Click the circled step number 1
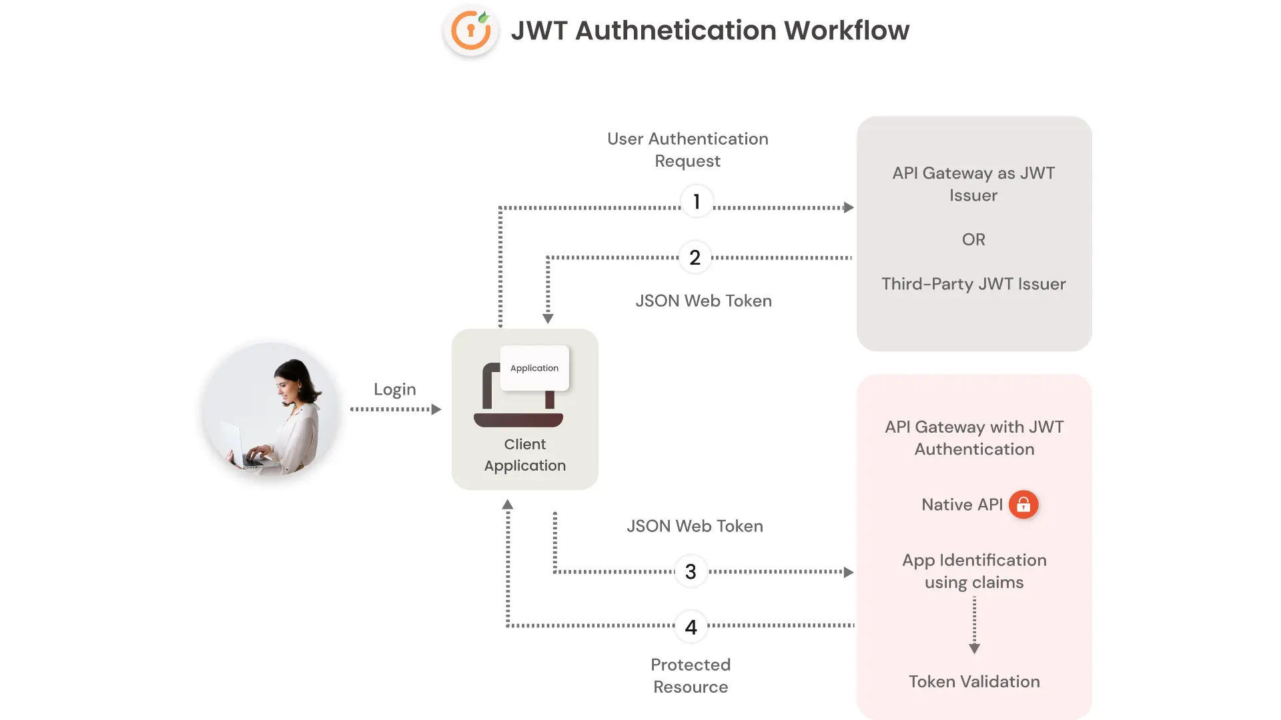click(697, 201)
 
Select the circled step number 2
click(695, 257)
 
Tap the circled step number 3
click(691, 571)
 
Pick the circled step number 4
click(691, 627)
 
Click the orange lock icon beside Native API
click(1023, 505)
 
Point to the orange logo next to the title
click(471, 31)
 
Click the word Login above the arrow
click(394, 389)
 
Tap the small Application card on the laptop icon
click(534, 368)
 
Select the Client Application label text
click(525, 455)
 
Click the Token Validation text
click(974, 681)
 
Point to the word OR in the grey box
click(973, 239)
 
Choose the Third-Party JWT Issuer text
click(973, 284)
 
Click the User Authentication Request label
click(687, 150)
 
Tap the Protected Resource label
click(691, 675)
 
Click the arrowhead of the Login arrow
click(436, 409)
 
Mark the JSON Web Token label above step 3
click(695, 526)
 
